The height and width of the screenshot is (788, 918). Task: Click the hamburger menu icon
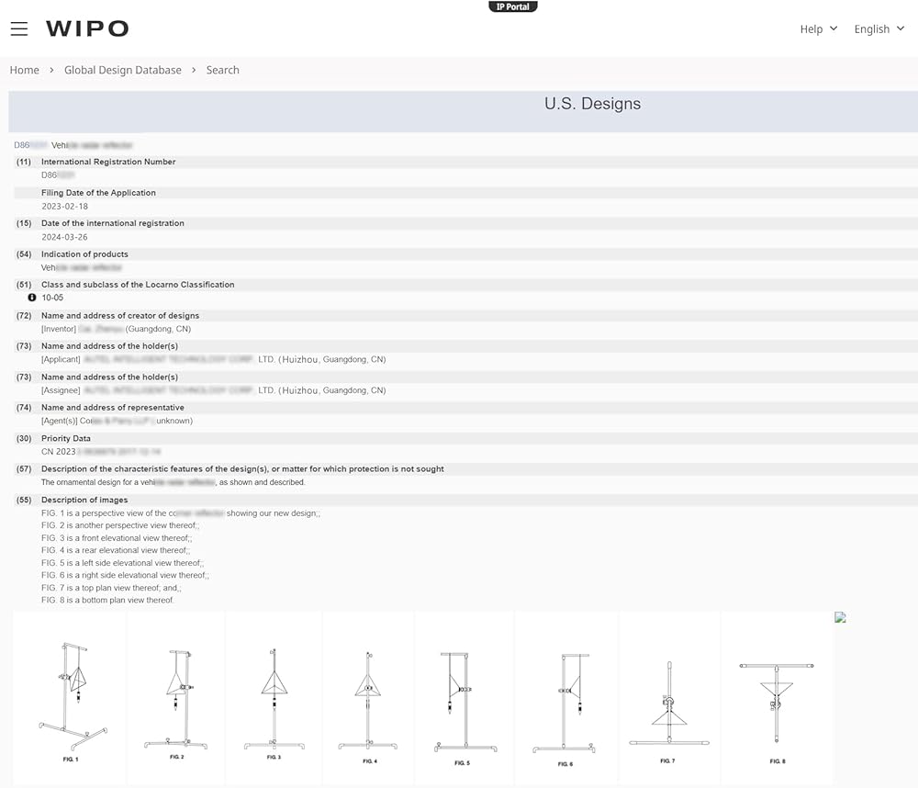click(x=19, y=28)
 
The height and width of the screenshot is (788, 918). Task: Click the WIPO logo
click(x=87, y=28)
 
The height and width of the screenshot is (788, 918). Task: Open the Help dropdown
click(x=819, y=28)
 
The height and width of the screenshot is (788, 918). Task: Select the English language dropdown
click(x=879, y=28)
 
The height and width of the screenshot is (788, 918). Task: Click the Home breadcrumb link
click(x=25, y=70)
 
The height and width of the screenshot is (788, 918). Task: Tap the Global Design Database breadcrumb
click(x=123, y=70)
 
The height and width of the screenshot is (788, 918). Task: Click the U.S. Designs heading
click(x=592, y=104)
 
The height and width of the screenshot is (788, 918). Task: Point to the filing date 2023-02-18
click(x=65, y=207)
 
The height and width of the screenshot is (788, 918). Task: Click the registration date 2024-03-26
click(x=65, y=237)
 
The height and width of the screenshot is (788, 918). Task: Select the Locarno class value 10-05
click(x=52, y=298)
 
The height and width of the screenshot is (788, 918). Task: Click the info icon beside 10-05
click(x=32, y=298)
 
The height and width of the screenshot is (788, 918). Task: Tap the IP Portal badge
click(x=513, y=6)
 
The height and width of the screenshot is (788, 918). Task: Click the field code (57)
click(x=24, y=469)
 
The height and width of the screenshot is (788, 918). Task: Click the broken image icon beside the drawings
click(x=840, y=617)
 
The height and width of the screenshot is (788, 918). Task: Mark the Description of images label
click(x=84, y=500)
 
